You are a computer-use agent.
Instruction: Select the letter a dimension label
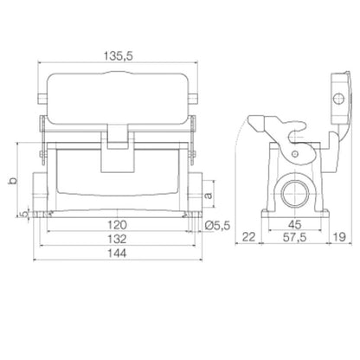coord(208,195)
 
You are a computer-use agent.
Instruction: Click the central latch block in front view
coord(118,156)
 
